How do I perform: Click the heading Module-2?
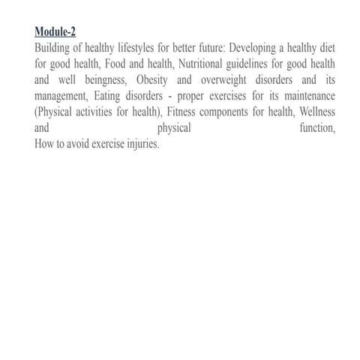pos(55,31)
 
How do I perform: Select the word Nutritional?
pos(205,64)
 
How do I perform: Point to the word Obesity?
pos(153,80)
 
